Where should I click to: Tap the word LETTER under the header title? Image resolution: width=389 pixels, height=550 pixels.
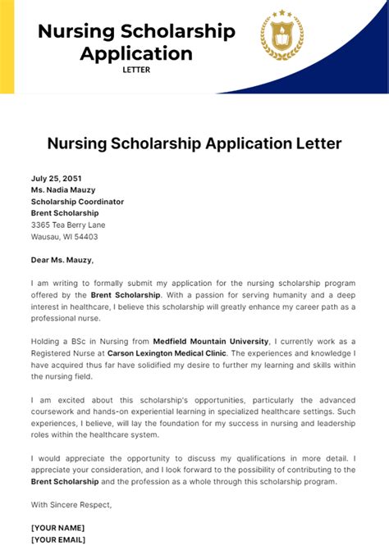click(136, 70)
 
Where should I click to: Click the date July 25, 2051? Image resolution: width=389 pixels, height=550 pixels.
click(57, 178)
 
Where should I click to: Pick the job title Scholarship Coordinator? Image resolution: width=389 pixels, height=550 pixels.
click(77, 201)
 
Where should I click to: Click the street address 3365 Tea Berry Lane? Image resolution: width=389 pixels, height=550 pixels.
click(68, 225)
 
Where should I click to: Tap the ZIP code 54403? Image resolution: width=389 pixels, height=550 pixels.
click(85, 236)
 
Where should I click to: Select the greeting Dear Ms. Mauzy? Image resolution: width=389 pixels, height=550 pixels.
click(62, 260)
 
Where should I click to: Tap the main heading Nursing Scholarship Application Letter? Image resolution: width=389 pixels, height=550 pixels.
click(194, 143)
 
